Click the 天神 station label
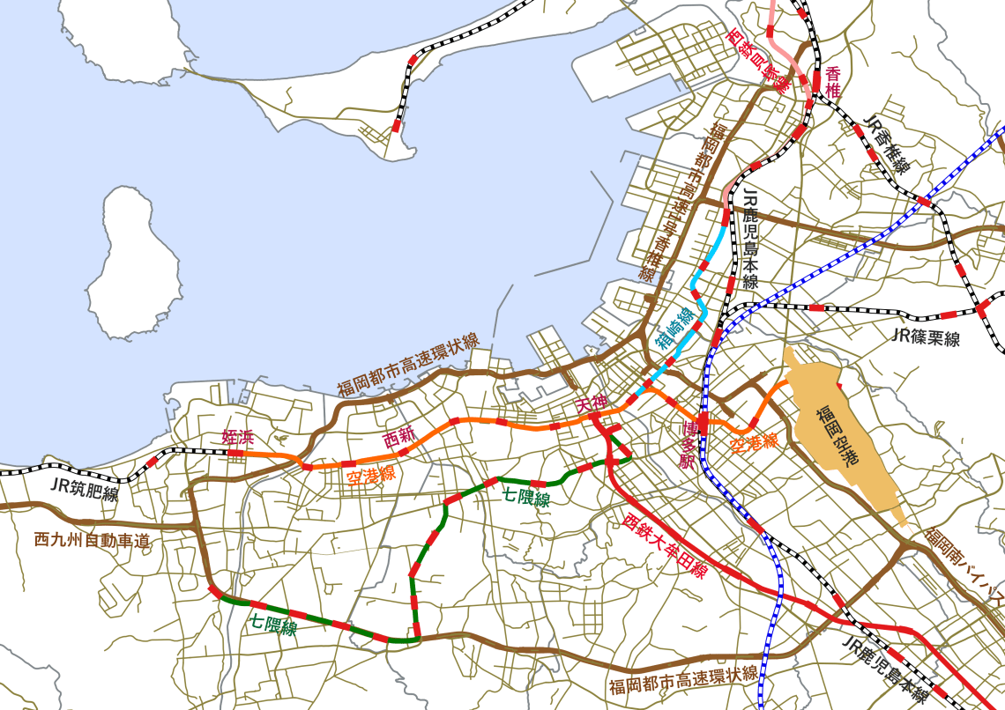click(592, 405)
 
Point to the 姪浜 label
click(238, 437)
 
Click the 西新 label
click(398, 436)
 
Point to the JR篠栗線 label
click(925, 336)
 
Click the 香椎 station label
click(833, 81)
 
